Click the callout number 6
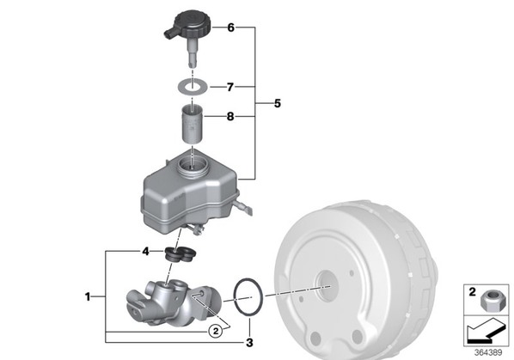[x=230, y=27]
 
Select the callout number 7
[x=230, y=87]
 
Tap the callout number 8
[x=230, y=116]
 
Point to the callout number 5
[x=278, y=103]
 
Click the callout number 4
[x=145, y=252]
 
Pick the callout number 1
[x=87, y=296]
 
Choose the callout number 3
[x=249, y=343]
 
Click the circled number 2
[x=216, y=331]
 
